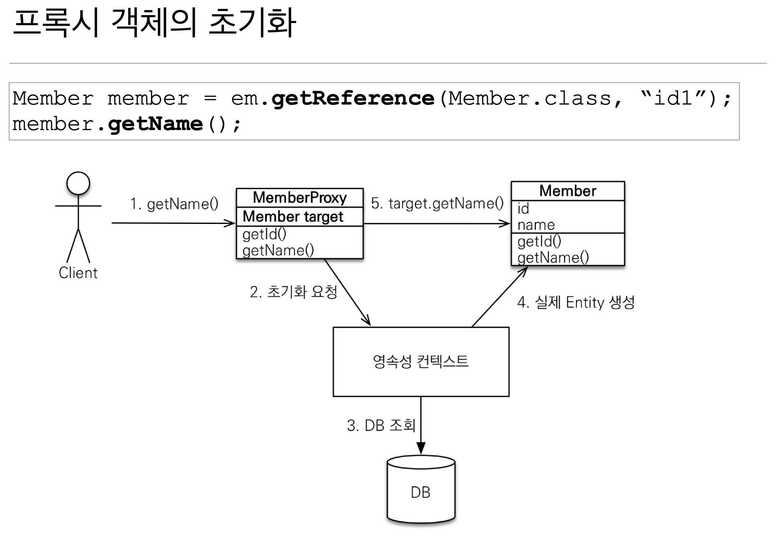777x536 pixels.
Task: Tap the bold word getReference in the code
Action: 353,98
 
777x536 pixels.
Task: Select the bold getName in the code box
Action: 155,124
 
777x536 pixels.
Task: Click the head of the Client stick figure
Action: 78,183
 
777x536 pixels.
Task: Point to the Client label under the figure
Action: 78,273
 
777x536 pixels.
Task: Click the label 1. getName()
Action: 174,204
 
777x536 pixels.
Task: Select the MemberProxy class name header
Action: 300,198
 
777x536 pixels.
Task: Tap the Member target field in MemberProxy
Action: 293,217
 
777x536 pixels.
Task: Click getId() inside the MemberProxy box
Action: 264,234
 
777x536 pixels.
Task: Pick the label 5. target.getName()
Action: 437,203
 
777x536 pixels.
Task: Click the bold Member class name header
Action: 568,191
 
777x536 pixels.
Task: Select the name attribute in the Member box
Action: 536,225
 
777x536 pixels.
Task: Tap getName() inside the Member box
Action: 553,258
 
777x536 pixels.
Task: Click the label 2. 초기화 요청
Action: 293,292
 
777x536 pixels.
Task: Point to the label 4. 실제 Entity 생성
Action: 576,303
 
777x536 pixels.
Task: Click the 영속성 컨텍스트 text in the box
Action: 421,361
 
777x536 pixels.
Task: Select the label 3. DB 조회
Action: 381,425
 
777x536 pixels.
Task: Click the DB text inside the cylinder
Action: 421,492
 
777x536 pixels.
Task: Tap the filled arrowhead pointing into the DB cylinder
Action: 421,448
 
